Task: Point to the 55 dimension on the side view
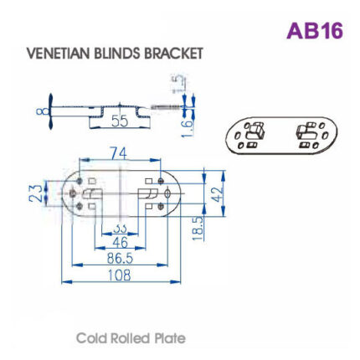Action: (x=120, y=121)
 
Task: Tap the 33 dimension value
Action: (x=119, y=227)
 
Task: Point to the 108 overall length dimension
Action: (x=121, y=277)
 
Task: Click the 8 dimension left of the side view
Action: (x=39, y=110)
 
